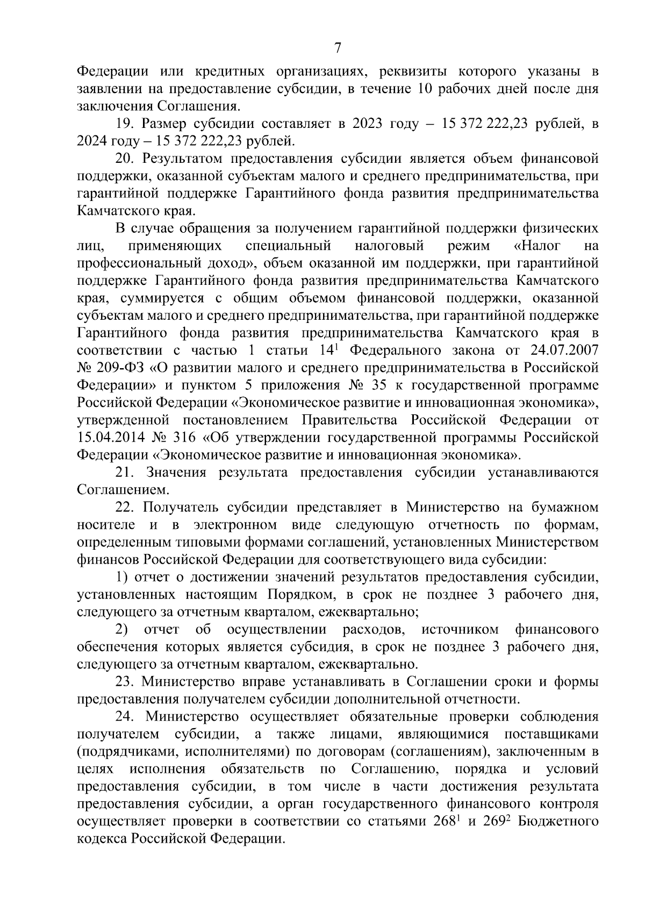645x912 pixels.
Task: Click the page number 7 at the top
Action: (x=338, y=48)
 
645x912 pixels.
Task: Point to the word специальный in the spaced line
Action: (x=288, y=246)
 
